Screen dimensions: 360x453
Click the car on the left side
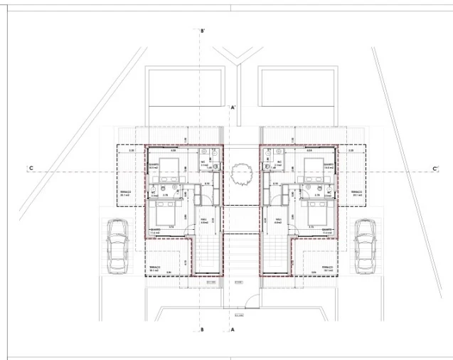click(x=116, y=245)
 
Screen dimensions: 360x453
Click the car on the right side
click(x=365, y=245)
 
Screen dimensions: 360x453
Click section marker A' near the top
click(x=233, y=107)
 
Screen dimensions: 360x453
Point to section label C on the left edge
click(x=31, y=169)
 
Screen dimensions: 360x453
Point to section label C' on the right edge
click(x=435, y=169)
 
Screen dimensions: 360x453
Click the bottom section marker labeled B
click(x=203, y=329)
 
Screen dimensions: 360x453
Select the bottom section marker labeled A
click(x=233, y=329)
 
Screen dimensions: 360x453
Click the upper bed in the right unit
click(x=313, y=169)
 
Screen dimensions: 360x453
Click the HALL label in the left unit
click(x=203, y=220)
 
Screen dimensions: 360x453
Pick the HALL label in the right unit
click(x=278, y=220)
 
